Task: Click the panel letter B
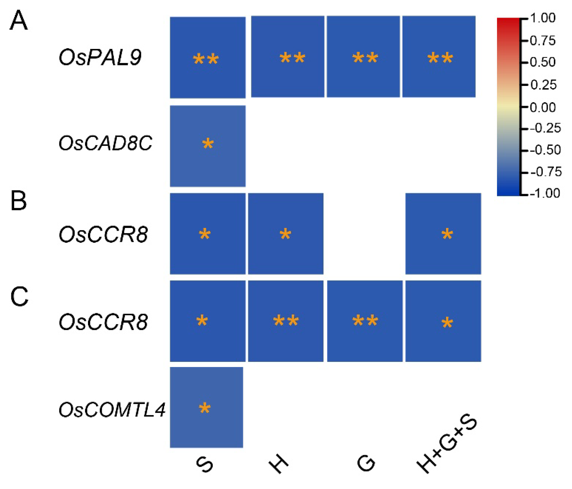(18, 201)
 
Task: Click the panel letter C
(19, 296)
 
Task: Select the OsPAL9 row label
(100, 57)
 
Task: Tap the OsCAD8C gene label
(105, 143)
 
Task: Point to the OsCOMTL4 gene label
(112, 410)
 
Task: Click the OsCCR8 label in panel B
(103, 234)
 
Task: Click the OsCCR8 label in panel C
(103, 322)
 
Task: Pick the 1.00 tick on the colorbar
(543, 18)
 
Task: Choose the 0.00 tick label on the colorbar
(543, 107)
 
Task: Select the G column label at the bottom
(366, 463)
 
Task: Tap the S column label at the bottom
(205, 464)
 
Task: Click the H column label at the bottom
(278, 463)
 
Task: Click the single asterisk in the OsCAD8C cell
(208, 144)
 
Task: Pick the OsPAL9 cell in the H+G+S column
(439, 57)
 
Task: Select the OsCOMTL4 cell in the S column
(206, 407)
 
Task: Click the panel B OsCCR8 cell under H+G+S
(443, 234)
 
